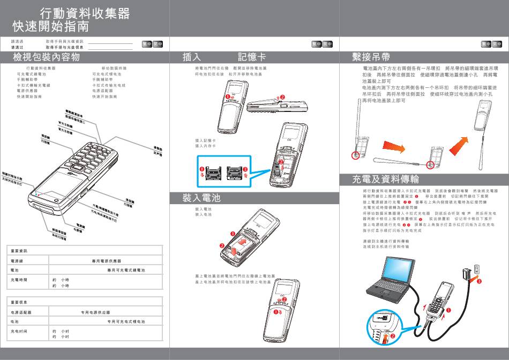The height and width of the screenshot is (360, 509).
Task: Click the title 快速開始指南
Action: click(51, 26)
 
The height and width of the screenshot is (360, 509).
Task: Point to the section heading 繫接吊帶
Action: click(371, 57)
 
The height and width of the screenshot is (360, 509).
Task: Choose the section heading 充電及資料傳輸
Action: click(385, 179)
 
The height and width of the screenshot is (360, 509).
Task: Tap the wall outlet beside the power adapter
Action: click(476, 269)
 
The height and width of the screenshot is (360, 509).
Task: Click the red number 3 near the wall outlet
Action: click(479, 281)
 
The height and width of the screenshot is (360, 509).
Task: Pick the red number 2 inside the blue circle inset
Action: click(392, 335)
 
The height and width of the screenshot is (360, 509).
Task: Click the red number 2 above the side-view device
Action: click(283, 97)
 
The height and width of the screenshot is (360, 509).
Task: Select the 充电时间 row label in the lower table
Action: click(19, 332)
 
